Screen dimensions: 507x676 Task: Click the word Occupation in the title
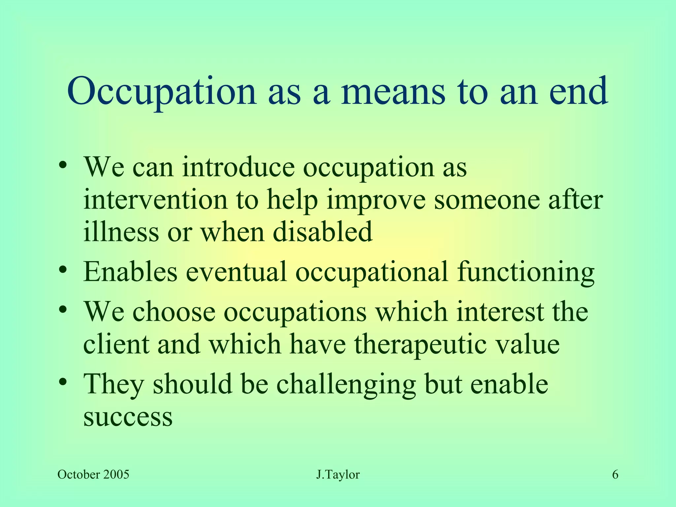pos(162,91)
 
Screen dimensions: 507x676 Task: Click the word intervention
pos(155,200)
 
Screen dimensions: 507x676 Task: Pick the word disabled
pos(322,232)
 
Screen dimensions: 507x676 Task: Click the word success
pos(128,417)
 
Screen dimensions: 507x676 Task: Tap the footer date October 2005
pos(93,475)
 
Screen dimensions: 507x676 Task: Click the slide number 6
pos(615,475)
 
